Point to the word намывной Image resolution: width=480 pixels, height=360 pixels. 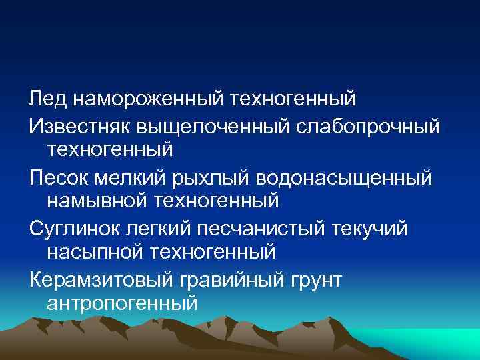coord(98,199)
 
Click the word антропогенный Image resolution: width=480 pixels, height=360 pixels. coord(123,304)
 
